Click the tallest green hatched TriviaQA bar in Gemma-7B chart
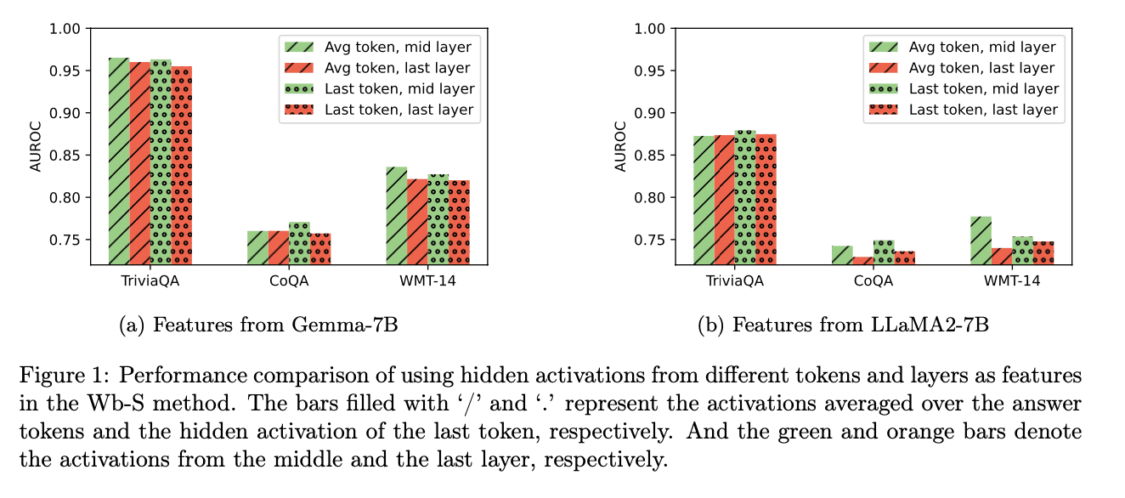119,161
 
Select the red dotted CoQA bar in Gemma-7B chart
320,248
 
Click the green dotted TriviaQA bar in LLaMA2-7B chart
745,197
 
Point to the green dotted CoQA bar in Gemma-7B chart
299,243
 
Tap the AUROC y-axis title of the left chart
36,146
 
